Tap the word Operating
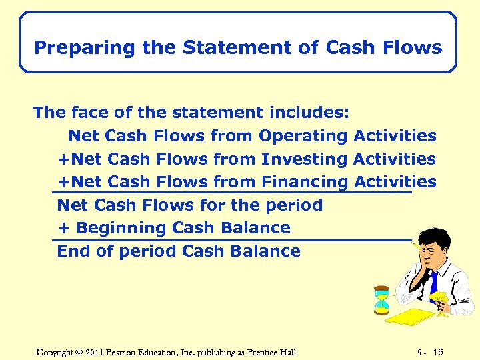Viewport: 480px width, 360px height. pyautogui.click(x=303, y=136)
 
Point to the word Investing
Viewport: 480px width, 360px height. pyautogui.click(x=305, y=159)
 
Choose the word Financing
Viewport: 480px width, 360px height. pyautogui.click(x=305, y=182)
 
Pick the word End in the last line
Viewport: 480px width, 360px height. pyautogui.click(x=72, y=251)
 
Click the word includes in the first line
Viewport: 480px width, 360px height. pyautogui.click(x=310, y=113)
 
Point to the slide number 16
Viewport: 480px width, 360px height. pyautogui.click(x=437, y=352)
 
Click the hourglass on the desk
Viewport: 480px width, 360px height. pyautogui.click(x=381, y=299)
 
